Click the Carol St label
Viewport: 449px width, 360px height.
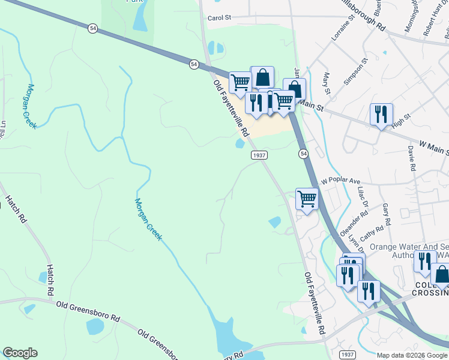219,18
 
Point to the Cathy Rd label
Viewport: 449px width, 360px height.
372,231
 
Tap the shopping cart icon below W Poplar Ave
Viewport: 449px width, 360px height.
307,199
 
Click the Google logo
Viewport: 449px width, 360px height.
20,353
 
